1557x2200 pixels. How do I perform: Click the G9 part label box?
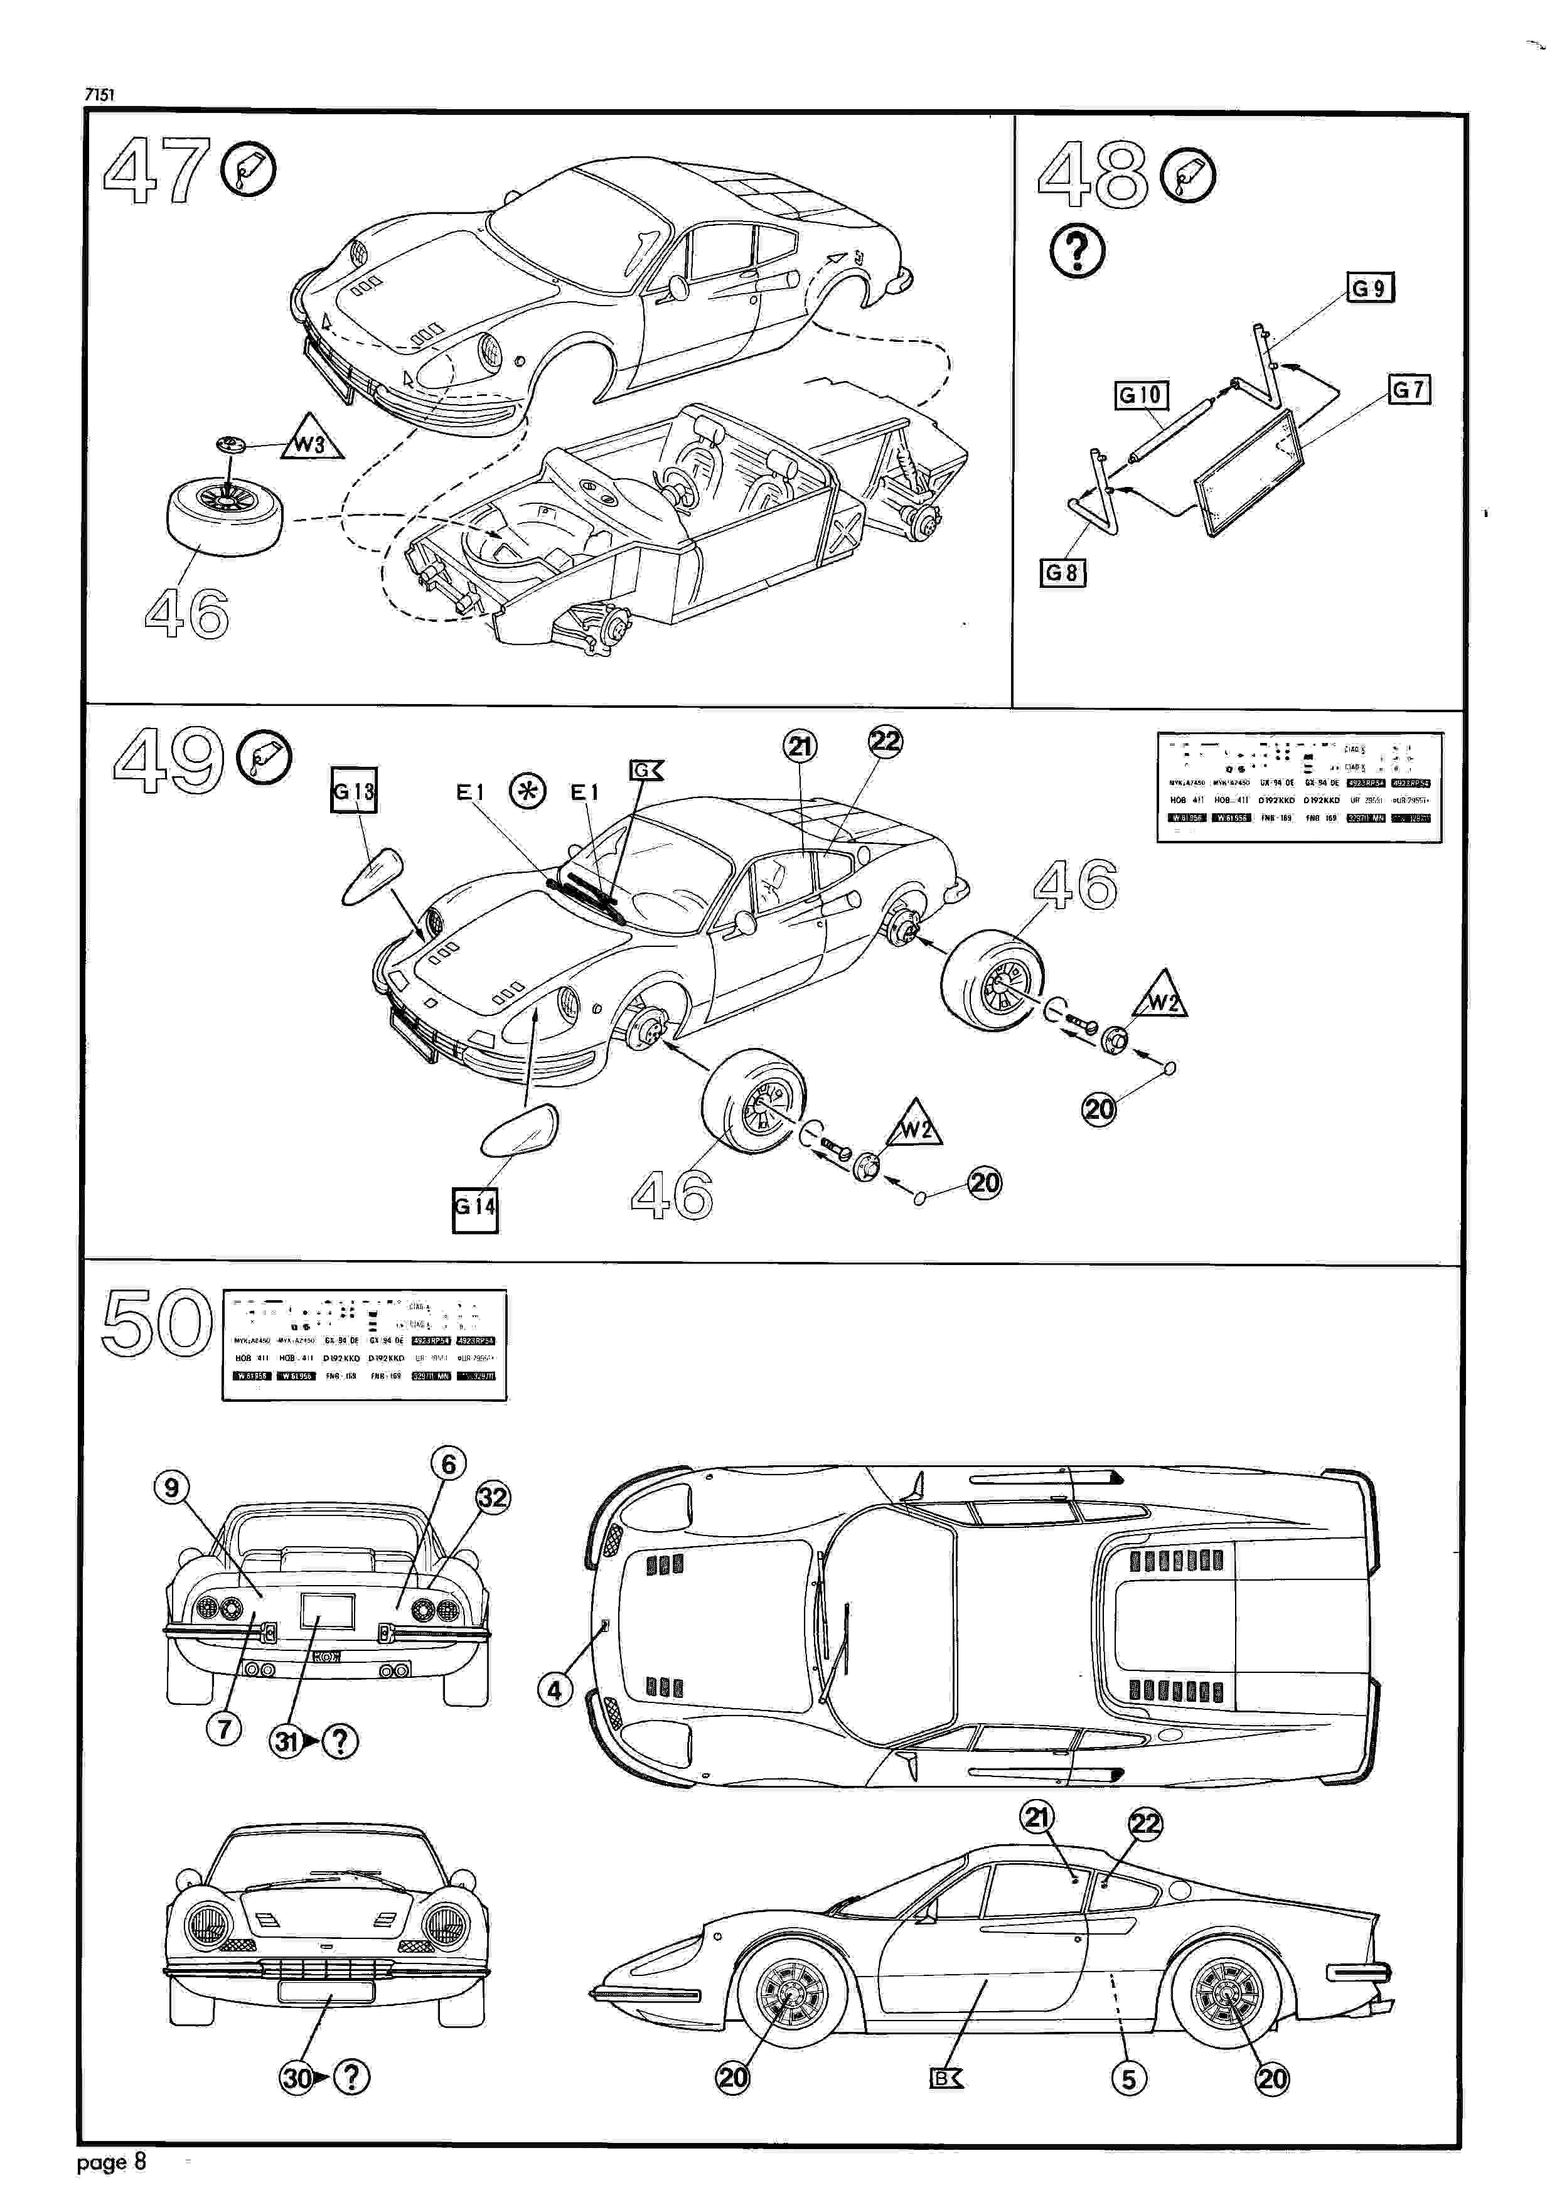pyautogui.click(x=1370, y=287)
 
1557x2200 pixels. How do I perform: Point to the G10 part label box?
pyautogui.click(x=1140, y=395)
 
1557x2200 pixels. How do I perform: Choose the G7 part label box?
pyautogui.click(x=1408, y=389)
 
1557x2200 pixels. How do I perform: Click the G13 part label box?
pyautogui.click(x=354, y=790)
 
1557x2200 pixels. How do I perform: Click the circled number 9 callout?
pyautogui.click(x=171, y=1488)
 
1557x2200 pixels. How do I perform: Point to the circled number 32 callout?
pyautogui.click(x=493, y=1497)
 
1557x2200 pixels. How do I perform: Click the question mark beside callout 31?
pyautogui.click(x=340, y=1741)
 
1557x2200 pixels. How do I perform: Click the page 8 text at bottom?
pyautogui.click(x=111, y=2162)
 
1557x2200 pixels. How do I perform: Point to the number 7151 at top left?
pyautogui.click(x=100, y=94)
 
